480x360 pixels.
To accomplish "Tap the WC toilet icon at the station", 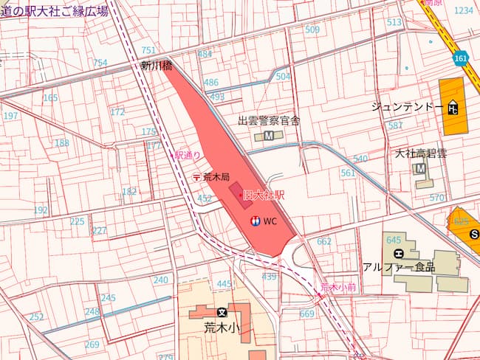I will point(255,221).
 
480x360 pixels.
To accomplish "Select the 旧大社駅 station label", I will point(264,195).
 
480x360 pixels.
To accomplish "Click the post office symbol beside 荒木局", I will point(196,177).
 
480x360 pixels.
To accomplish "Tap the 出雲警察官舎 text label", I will point(268,120).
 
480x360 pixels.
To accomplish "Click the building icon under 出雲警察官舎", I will point(268,136).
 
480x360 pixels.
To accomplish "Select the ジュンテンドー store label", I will point(407,108).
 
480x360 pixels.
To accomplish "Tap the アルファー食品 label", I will point(398,267).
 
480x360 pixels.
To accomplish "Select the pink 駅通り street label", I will point(187,156).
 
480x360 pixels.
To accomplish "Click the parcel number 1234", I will point(463,10).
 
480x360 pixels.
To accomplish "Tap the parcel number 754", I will point(100,63).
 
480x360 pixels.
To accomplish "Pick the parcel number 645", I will point(393,240).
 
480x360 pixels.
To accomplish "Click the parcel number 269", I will point(92,345).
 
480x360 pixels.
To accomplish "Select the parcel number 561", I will point(348,173).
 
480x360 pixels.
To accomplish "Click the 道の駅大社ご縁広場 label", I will point(54,10).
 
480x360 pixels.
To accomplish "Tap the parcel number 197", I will point(10,116).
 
